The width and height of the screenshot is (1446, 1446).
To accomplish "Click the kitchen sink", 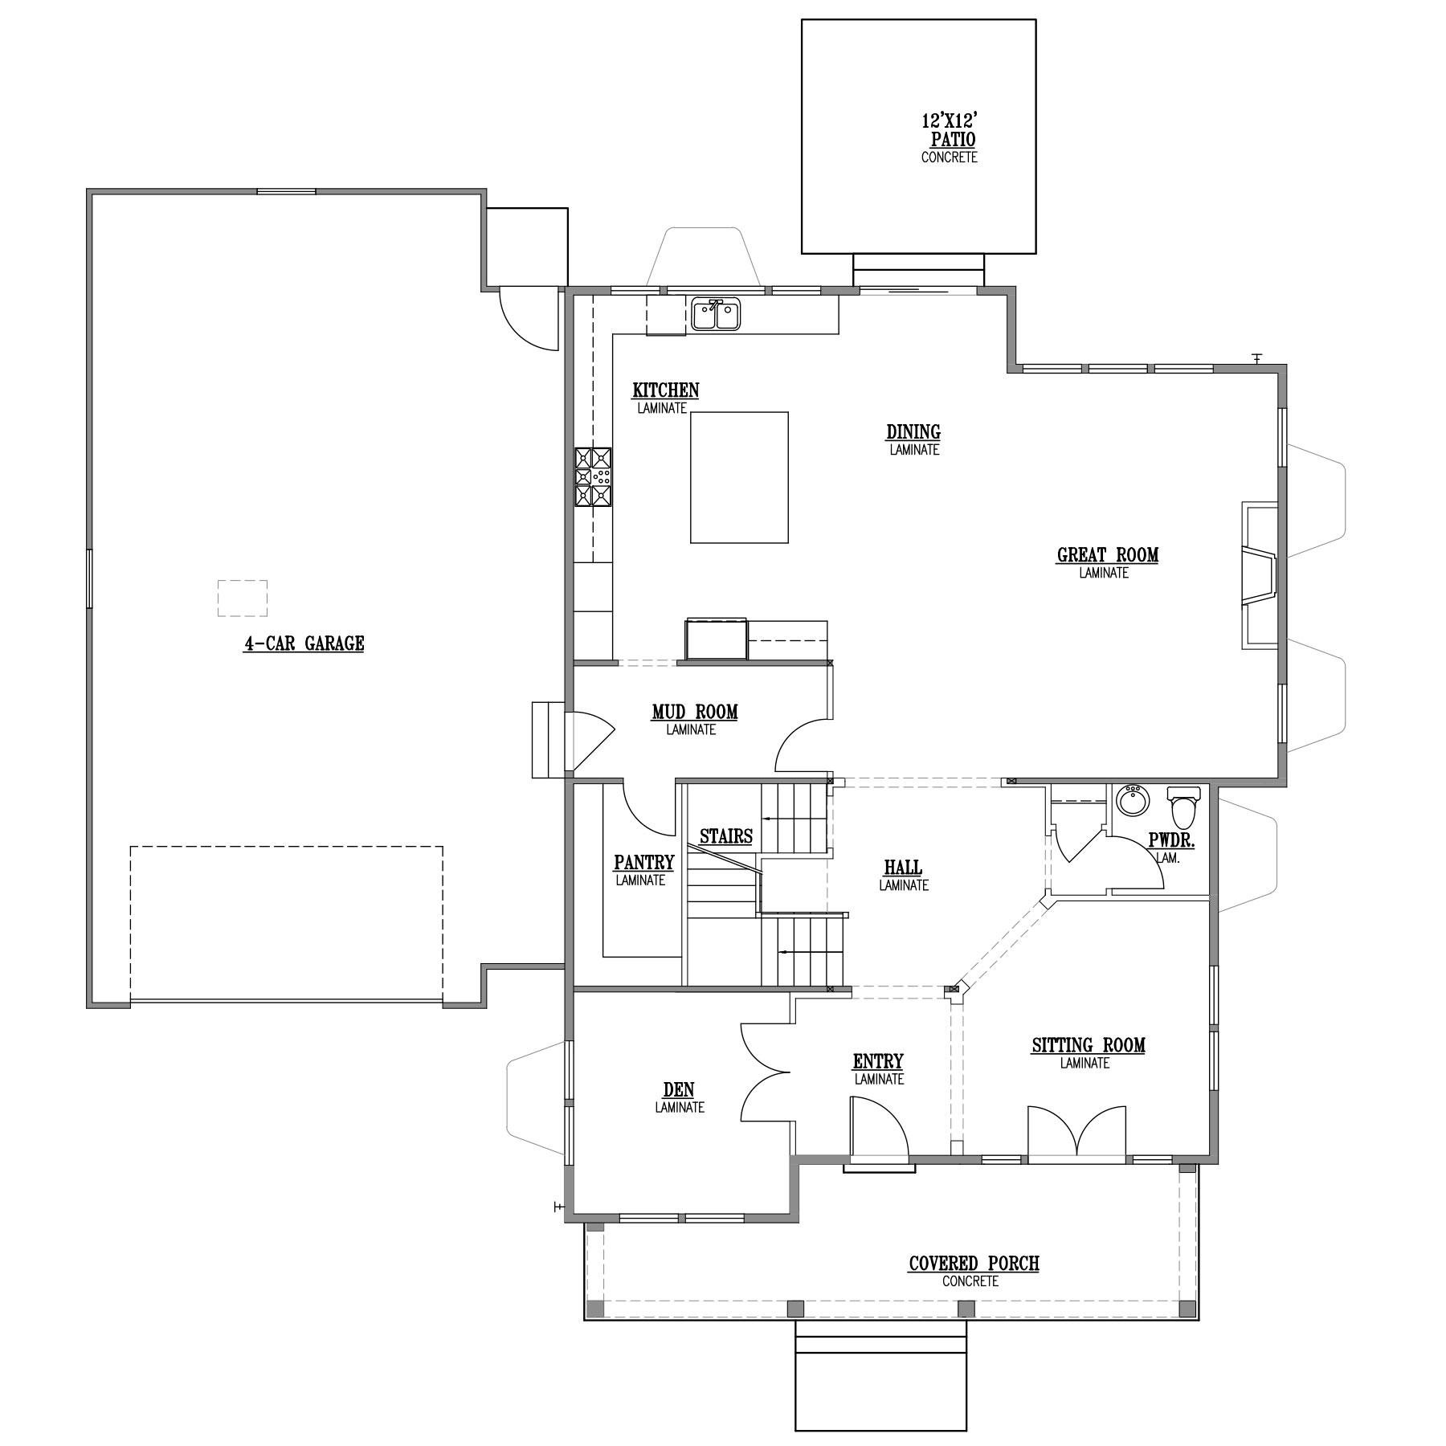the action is tap(717, 314).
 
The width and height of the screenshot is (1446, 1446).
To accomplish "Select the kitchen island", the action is tap(739, 478).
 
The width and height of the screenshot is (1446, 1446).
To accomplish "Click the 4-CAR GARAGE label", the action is tap(304, 643).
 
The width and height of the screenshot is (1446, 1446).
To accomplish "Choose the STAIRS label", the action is tap(726, 836).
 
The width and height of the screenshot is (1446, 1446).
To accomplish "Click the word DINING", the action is tap(913, 432).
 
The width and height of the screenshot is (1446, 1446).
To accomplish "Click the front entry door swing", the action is tap(879, 1130).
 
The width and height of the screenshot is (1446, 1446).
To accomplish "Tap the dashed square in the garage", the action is tap(242, 598).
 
